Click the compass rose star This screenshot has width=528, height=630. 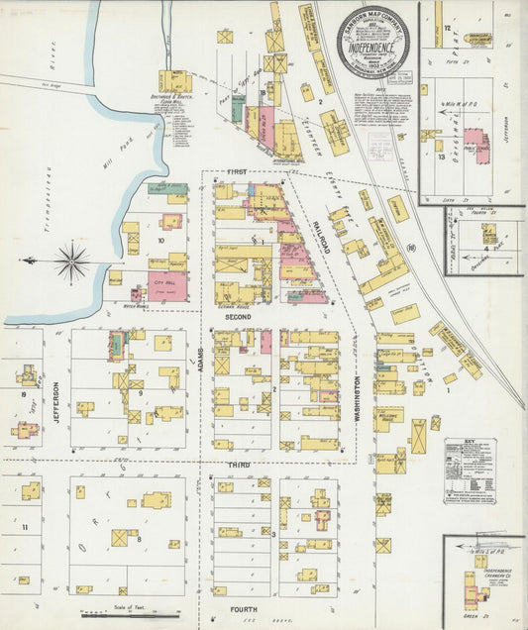coord(71,262)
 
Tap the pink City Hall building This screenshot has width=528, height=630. coord(168,285)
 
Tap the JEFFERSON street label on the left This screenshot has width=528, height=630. coord(56,400)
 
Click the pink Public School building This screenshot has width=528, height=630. coord(475,145)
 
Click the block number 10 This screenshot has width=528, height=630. coord(159,239)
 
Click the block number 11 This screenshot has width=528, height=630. coord(24,527)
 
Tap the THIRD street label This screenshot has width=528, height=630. coord(240,465)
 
